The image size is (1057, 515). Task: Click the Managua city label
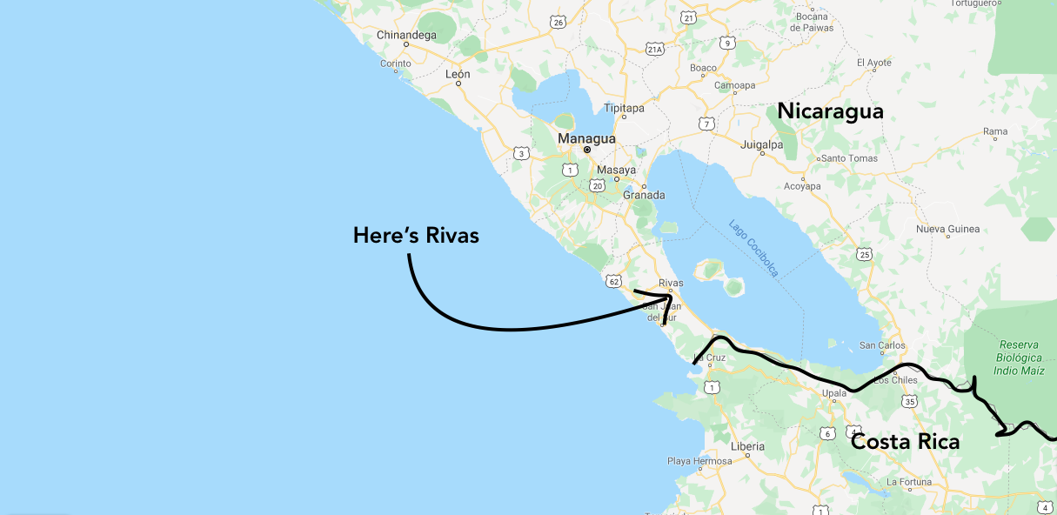click(586, 138)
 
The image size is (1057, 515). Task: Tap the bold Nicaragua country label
click(830, 111)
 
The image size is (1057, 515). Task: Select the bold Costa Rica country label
click(905, 442)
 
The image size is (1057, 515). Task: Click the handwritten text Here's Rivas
click(416, 235)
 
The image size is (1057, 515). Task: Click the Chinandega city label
click(405, 36)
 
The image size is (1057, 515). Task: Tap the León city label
click(458, 74)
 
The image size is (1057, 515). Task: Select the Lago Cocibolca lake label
click(753, 248)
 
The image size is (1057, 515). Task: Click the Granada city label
click(644, 196)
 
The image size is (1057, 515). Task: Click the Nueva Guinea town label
click(947, 230)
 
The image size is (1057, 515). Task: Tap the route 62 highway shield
click(614, 282)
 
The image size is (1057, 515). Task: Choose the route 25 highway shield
click(864, 254)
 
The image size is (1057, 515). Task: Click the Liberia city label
click(747, 446)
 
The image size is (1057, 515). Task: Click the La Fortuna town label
click(909, 481)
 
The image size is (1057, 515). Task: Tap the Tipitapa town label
click(624, 109)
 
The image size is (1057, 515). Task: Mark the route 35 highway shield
click(910, 401)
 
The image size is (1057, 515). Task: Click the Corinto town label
click(395, 64)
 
